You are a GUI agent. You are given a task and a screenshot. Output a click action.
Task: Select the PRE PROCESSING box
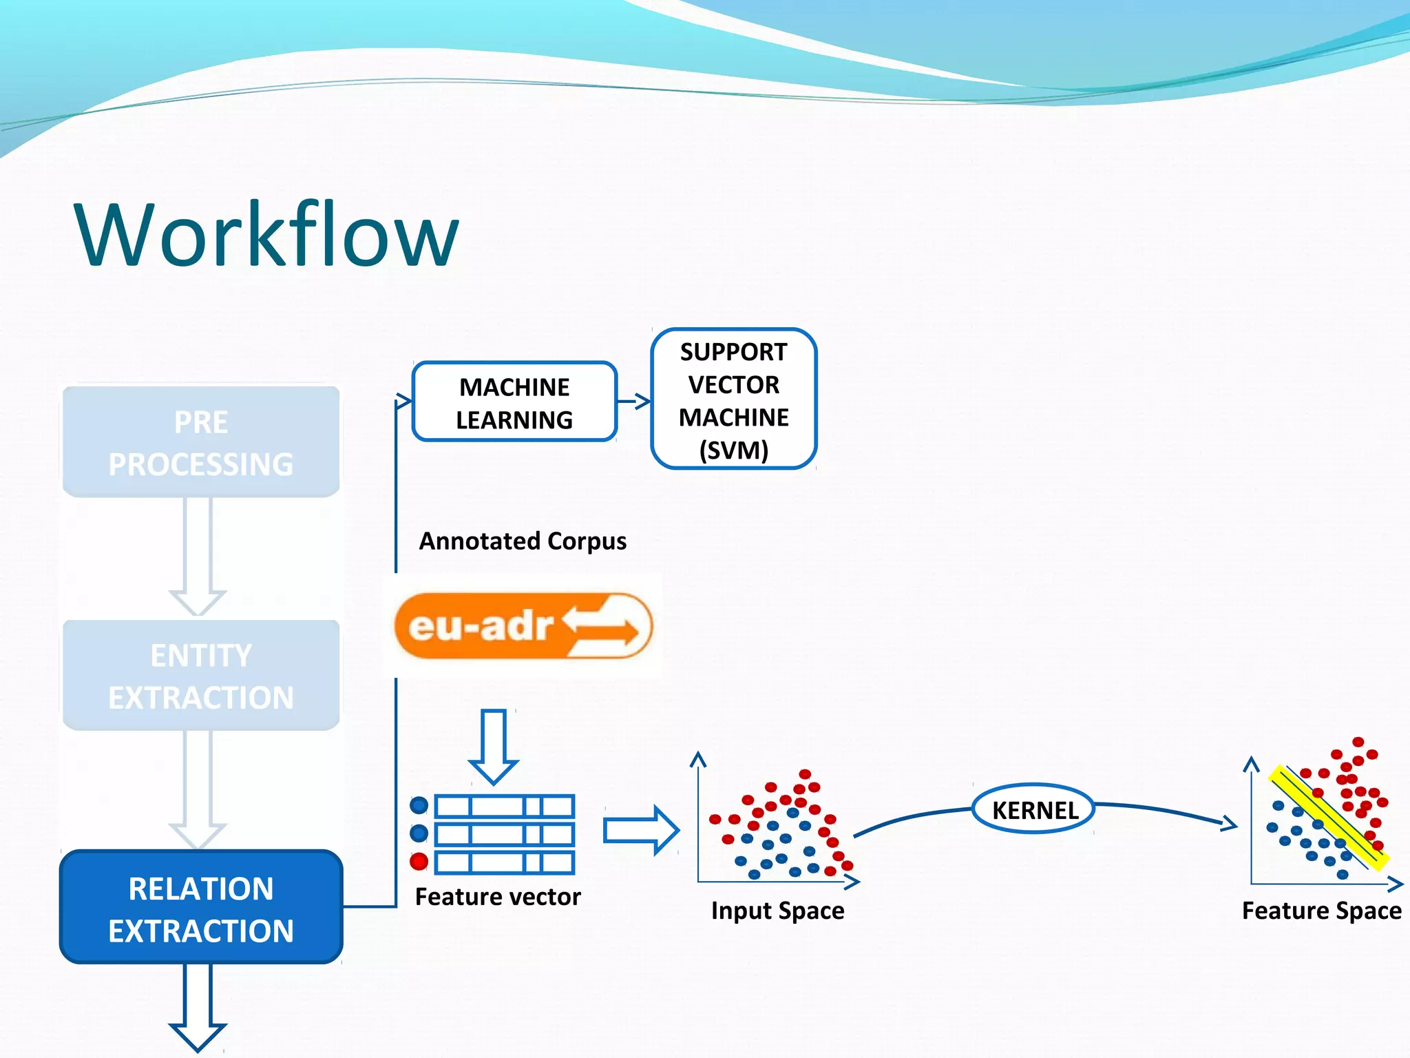click(201, 442)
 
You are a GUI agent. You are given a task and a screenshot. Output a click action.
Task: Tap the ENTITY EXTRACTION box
click(201, 676)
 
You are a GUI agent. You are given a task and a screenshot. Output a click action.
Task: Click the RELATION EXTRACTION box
click(201, 908)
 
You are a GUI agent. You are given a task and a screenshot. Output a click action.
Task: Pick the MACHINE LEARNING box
click(514, 402)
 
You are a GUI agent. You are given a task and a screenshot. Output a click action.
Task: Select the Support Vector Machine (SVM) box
click(733, 400)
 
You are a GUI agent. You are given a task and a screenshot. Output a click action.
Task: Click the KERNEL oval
click(1034, 809)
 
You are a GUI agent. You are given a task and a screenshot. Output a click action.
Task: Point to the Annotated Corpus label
click(523, 541)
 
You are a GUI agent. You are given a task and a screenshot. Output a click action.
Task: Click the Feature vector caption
click(498, 897)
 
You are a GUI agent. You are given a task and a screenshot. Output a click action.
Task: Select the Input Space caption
click(777, 911)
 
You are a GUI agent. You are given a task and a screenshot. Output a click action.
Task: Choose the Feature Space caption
click(1321, 911)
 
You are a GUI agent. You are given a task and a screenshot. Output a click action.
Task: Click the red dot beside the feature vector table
click(419, 861)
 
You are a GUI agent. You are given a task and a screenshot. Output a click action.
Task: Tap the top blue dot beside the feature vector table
click(419, 805)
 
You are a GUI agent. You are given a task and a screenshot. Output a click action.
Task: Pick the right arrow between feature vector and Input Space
click(641, 831)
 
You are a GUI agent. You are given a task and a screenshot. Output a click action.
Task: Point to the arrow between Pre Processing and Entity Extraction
click(198, 554)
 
